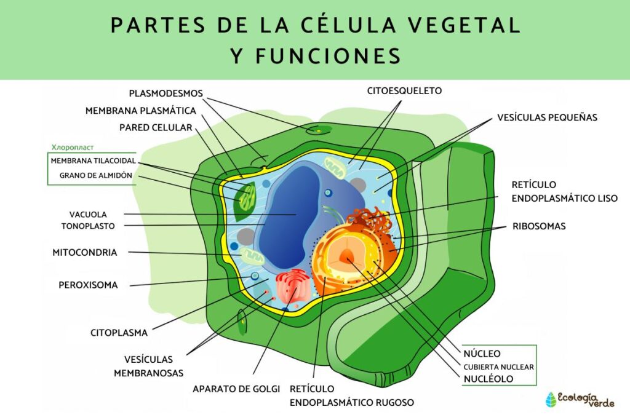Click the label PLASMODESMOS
(165, 93)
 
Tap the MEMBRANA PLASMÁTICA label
(140, 111)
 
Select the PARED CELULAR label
(155, 127)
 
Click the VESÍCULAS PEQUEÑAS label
(547, 117)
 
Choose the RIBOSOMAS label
(539, 226)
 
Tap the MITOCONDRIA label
(84, 252)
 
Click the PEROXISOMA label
(88, 285)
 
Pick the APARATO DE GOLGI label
(236, 389)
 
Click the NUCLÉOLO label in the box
(489, 379)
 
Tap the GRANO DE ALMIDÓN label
(95, 175)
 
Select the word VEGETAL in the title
(473, 25)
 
